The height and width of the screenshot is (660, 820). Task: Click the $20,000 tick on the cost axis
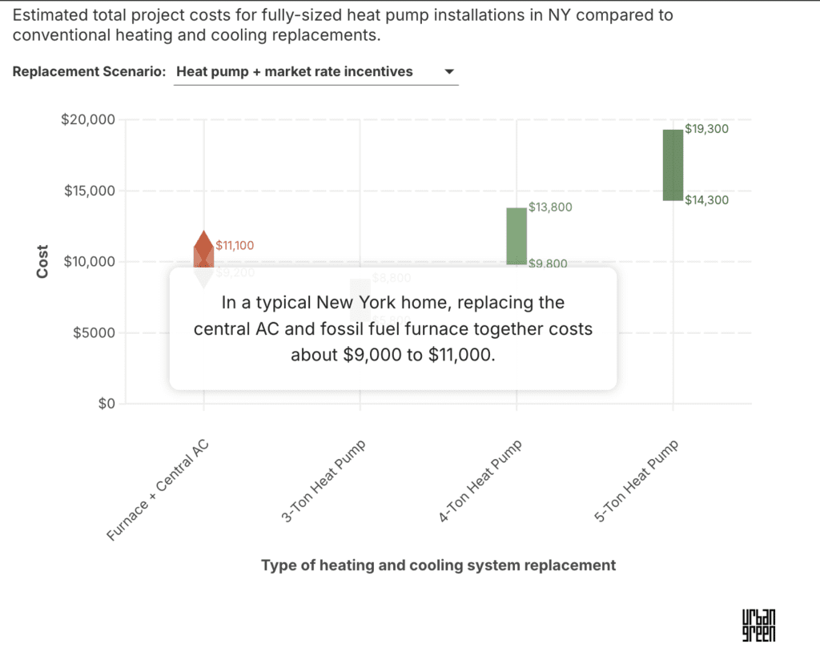coord(88,120)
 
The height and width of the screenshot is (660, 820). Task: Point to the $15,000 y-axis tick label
coord(88,191)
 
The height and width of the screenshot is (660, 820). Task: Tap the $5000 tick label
coord(92,332)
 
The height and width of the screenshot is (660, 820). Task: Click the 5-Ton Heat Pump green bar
coord(673,164)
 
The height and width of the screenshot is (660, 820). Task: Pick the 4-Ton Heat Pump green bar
coord(517,235)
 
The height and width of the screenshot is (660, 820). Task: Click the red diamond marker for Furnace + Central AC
coord(203,244)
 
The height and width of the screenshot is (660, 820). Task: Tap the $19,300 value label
coord(707,129)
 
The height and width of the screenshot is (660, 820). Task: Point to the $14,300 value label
coord(707,200)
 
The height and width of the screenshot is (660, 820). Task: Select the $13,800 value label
coord(550,207)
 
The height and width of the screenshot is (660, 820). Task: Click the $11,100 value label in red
coord(235,246)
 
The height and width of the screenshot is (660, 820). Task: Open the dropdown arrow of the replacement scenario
coord(449,71)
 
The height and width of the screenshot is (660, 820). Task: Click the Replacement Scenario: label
coord(89,71)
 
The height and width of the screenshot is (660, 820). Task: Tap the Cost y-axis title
coord(42,262)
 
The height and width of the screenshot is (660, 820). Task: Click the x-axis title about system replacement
coord(439,565)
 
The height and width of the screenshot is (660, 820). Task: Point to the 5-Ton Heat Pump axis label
coord(636,482)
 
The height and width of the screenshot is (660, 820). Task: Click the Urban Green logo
coord(758,625)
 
